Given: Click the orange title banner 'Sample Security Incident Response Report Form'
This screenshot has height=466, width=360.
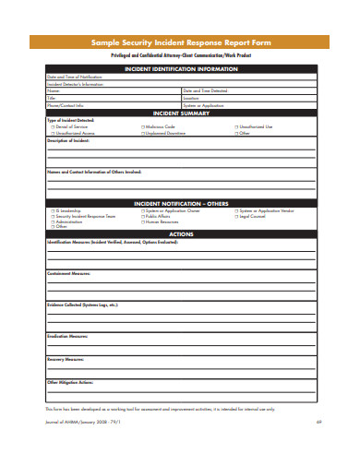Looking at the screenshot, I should click(180, 42).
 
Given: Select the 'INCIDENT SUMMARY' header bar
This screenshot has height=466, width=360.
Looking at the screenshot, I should click(180, 112).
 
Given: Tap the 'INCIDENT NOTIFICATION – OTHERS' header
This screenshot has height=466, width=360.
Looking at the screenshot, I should click(180, 202).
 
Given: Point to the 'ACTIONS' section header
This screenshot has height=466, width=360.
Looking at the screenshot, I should click(180, 233).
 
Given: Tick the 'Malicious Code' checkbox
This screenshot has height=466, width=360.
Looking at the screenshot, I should click(143, 126).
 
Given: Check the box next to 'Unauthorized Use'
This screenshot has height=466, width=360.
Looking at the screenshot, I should click(236, 126).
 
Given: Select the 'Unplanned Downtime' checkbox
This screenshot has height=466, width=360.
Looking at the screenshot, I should click(143, 133).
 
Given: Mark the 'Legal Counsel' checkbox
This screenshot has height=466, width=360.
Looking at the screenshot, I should click(236, 216).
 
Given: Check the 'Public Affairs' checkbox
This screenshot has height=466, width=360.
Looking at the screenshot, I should click(143, 216).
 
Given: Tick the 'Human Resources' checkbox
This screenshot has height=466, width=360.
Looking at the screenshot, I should click(143, 221).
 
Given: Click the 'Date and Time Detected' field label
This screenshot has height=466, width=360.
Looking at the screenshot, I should click(205, 90).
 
